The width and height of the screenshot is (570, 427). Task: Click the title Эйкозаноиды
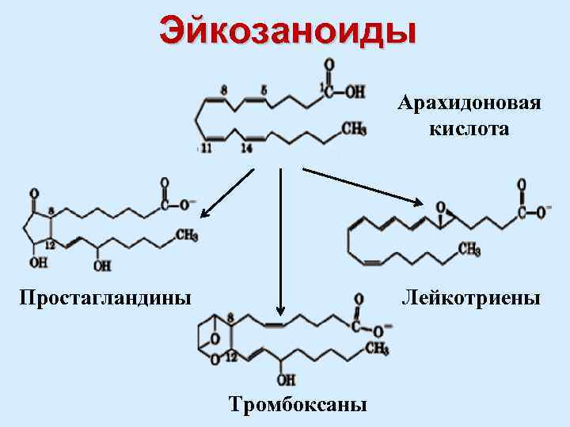287,31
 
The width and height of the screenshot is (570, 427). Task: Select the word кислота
469,128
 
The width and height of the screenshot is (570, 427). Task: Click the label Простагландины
105,298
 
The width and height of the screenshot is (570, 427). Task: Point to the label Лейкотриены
470,298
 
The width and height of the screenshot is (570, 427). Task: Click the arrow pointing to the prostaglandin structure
228,192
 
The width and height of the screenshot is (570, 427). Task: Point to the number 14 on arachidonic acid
247,148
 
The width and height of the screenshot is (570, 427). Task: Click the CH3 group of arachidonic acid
354,129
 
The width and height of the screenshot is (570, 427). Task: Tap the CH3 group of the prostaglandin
186,235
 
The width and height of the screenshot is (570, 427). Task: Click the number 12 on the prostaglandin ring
50,246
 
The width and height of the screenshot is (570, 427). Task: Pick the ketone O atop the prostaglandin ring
33,193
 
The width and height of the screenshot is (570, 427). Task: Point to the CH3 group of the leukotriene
469,250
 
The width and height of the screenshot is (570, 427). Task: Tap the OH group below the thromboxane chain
286,379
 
